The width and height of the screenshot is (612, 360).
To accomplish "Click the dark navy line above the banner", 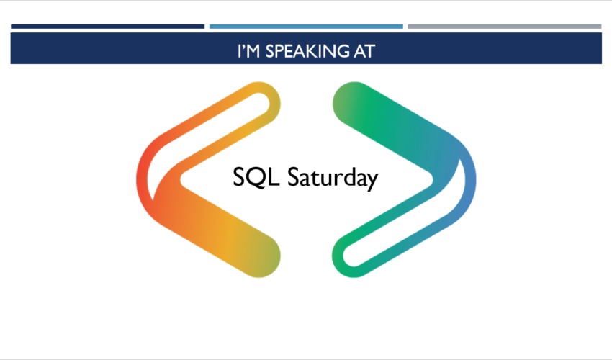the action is (x=108, y=27).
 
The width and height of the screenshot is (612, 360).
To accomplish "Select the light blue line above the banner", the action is (x=306, y=27).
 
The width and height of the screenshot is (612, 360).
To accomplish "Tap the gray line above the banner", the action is (x=504, y=27).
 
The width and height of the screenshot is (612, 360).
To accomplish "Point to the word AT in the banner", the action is (x=364, y=51).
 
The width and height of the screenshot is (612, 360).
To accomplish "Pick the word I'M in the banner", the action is (x=248, y=51).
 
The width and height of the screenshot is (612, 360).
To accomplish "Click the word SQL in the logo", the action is (x=256, y=177).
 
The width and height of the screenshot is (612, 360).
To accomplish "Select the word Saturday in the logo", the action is (x=333, y=178).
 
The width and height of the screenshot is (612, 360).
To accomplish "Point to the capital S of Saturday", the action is (x=294, y=177).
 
